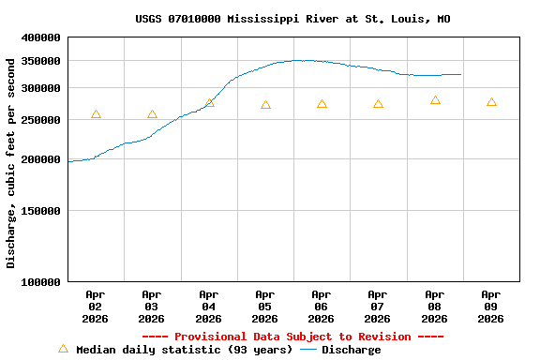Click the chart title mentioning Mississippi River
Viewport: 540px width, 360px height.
[x=292, y=19]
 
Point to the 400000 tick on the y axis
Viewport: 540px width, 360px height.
[x=40, y=37]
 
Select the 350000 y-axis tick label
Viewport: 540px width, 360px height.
[x=40, y=61]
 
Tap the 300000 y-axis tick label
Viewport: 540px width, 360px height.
[x=40, y=88]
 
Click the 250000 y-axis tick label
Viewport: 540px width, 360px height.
[x=40, y=120]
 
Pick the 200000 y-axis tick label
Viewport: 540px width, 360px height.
[x=40, y=159]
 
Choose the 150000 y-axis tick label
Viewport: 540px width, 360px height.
[x=40, y=211]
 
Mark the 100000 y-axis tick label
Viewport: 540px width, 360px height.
[x=40, y=281]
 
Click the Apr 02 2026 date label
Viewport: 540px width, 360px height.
[x=96, y=306]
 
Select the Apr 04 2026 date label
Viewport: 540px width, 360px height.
[x=208, y=306]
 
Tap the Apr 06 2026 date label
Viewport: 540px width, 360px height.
[x=321, y=306]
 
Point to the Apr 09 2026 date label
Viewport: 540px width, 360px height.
[x=490, y=306]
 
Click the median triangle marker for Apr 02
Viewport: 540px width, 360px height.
[x=96, y=114]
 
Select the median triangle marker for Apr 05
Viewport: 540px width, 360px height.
[x=265, y=105]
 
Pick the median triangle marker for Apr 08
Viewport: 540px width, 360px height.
[x=435, y=100]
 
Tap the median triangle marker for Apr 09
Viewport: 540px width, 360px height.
[x=491, y=102]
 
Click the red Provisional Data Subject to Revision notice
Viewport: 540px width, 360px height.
[x=292, y=337]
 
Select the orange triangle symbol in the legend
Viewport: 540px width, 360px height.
[x=63, y=349]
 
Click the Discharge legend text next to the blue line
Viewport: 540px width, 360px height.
[x=352, y=350]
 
